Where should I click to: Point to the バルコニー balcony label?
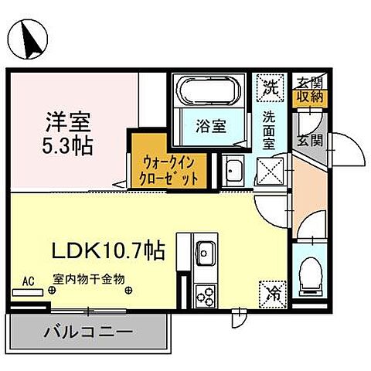click(x=88, y=332)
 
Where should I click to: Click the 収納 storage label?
click(x=311, y=97)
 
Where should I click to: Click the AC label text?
click(x=28, y=281)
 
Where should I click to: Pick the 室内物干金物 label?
click(x=89, y=280)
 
